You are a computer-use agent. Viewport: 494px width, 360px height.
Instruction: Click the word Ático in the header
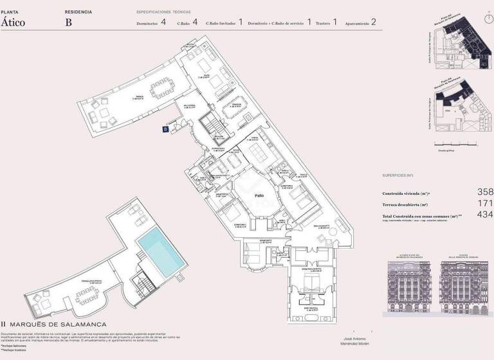click(14, 21)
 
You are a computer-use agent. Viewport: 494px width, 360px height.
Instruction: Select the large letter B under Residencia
click(69, 22)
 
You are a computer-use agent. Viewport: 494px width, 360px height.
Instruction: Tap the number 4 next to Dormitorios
click(163, 22)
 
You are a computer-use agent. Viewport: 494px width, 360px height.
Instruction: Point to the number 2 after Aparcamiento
click(374, 22)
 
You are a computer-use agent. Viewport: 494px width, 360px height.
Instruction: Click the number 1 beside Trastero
click(335, 22)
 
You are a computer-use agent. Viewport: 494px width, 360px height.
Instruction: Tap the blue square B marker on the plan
click(165, 129)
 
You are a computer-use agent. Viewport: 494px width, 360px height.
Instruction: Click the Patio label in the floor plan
click(259, 195)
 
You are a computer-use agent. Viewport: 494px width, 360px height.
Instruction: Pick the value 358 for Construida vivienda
click(485, 192)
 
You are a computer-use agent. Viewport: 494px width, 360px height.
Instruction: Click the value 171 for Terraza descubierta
click(485, 204)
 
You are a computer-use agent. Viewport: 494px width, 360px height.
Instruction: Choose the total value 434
click(485, 215)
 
